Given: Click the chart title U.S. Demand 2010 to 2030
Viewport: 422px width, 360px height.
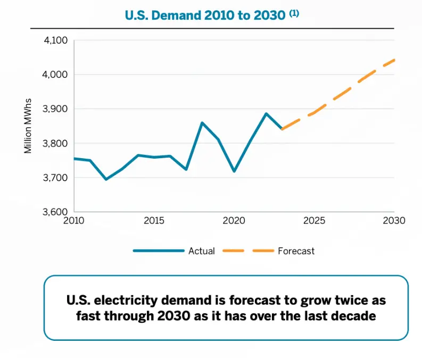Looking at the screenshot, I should (x=205, y=15).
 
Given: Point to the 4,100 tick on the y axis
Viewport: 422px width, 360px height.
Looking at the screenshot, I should (x=56, y=40).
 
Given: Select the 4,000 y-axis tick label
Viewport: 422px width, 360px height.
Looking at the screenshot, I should (x=56, y=75).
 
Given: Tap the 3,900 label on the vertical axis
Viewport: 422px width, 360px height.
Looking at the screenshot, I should (x=56, y=109).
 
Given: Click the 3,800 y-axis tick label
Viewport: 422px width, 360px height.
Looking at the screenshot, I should (x=56, y=143).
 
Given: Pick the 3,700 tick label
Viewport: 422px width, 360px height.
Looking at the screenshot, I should (x=56, y=178).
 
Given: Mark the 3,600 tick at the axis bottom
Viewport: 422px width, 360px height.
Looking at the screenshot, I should (x=56, y=212).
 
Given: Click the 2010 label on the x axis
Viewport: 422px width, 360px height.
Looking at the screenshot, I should (x=74, y=220).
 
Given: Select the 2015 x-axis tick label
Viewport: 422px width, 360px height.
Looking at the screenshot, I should (x=154, y=220).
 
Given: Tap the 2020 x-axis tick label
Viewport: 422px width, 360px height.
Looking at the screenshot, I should (x=234, y=220).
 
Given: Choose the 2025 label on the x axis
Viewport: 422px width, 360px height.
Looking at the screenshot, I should (x=314, y=220).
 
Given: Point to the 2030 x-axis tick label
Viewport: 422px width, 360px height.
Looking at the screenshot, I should (x=394, y=220).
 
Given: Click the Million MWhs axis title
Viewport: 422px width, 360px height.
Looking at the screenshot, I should (x=28, y=126).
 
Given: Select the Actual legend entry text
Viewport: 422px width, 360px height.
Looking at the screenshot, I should (x=202, y=251).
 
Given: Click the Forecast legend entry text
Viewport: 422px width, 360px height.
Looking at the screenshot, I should (x=296, y=251).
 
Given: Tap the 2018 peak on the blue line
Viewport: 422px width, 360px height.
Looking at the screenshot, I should (x=202, y=123).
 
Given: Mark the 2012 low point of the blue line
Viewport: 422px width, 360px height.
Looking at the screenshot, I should (x=106, y=179).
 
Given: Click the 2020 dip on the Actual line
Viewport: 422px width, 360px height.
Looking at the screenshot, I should (x=234, y=171).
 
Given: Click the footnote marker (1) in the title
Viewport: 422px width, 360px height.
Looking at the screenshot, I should (x=294, y=13).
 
